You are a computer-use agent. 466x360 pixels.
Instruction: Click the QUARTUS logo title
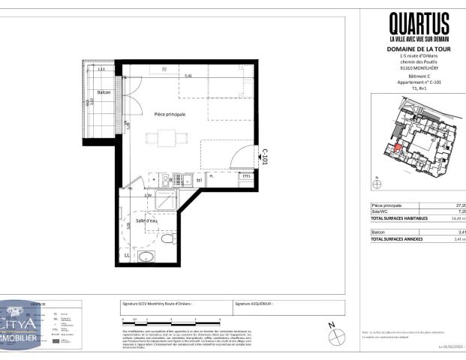click(419, 22)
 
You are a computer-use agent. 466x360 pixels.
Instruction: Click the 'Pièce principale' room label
click(170, 114)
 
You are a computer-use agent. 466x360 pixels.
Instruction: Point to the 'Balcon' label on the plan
click(103, 93)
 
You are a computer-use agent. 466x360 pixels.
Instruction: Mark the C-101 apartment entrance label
click(264, 156)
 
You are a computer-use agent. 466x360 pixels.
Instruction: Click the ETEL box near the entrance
click(245, 176)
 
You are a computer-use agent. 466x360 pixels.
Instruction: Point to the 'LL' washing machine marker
click(127, 256)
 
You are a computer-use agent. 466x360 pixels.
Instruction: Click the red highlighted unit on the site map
click(398, 147)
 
